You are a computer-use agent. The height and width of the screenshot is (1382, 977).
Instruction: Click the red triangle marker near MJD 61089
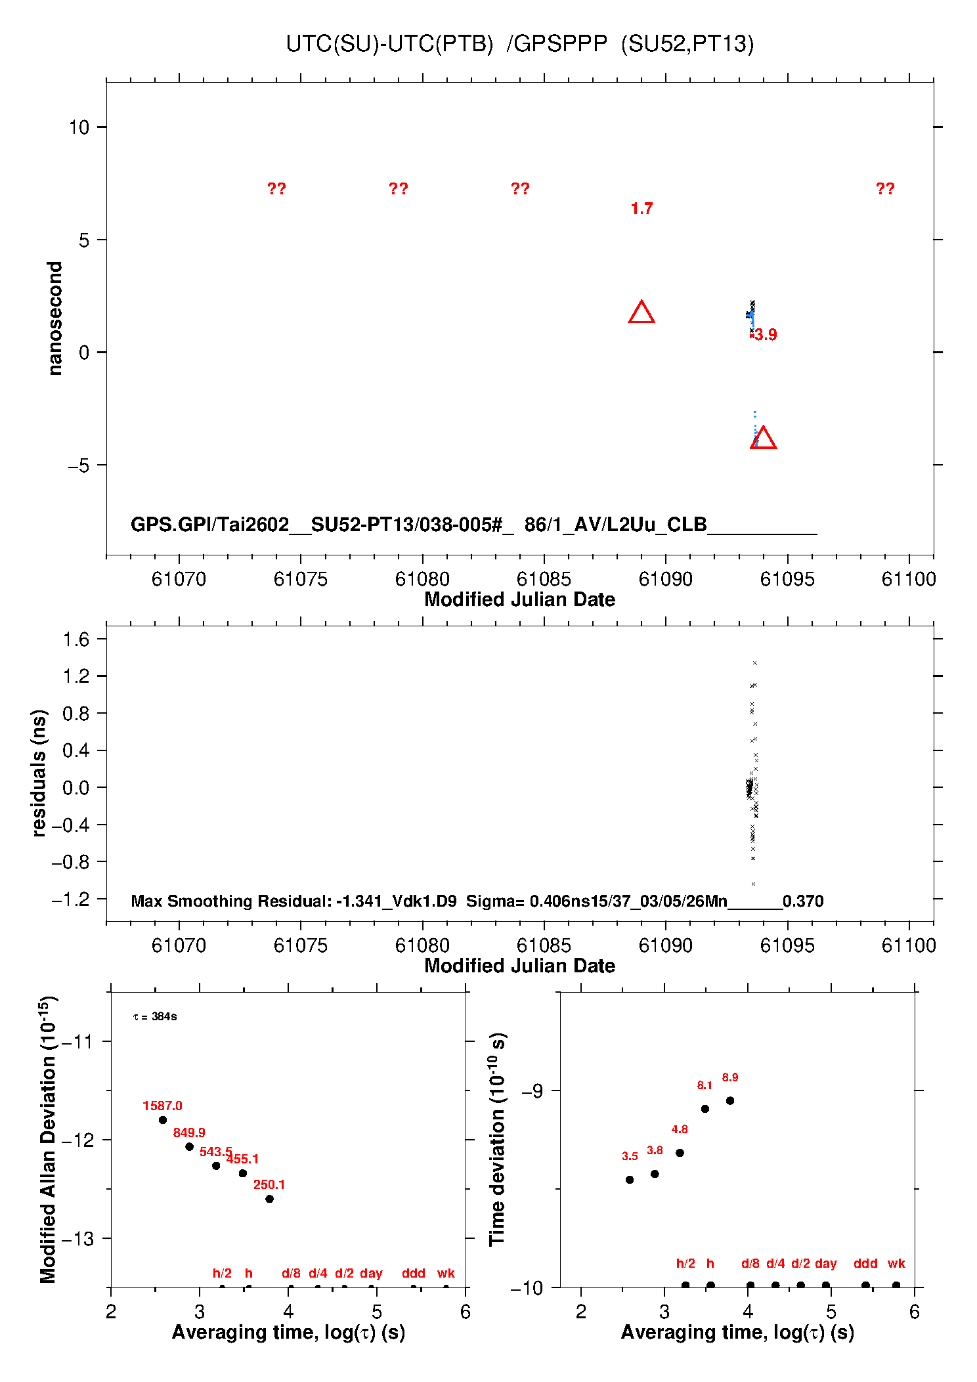(641, 313)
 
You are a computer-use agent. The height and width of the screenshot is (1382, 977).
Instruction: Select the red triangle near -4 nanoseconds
(763, 439)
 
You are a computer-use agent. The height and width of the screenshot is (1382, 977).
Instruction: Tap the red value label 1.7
(641, 209)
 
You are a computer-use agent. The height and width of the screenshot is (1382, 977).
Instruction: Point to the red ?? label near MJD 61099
(884, 189)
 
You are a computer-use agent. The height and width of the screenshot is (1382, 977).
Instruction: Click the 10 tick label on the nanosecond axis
(79, 127)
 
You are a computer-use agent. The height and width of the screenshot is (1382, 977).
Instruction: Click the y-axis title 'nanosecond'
(54, 318)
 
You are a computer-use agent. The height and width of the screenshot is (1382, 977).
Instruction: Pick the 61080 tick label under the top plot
(422, 579)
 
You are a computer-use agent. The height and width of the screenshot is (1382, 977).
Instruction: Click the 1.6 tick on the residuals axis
(76, 639)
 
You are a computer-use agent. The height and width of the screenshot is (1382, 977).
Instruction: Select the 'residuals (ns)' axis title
(39, 773)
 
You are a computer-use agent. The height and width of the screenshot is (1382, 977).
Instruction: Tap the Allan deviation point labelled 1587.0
(163, 1120)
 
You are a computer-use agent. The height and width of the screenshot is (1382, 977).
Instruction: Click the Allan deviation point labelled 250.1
(269, 1199)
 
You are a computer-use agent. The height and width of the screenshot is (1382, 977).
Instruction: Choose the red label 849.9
(189, 1133)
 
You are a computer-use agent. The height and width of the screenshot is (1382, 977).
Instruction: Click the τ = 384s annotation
(155, 1017)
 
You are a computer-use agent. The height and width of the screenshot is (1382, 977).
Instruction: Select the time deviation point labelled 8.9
(730, 1100)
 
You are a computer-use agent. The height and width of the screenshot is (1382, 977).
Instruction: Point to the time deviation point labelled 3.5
(630, 1180)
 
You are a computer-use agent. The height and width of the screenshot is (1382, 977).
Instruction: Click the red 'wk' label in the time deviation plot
(896, 1263)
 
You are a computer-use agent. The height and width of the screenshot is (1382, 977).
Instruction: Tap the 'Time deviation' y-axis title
(498, 1139)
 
